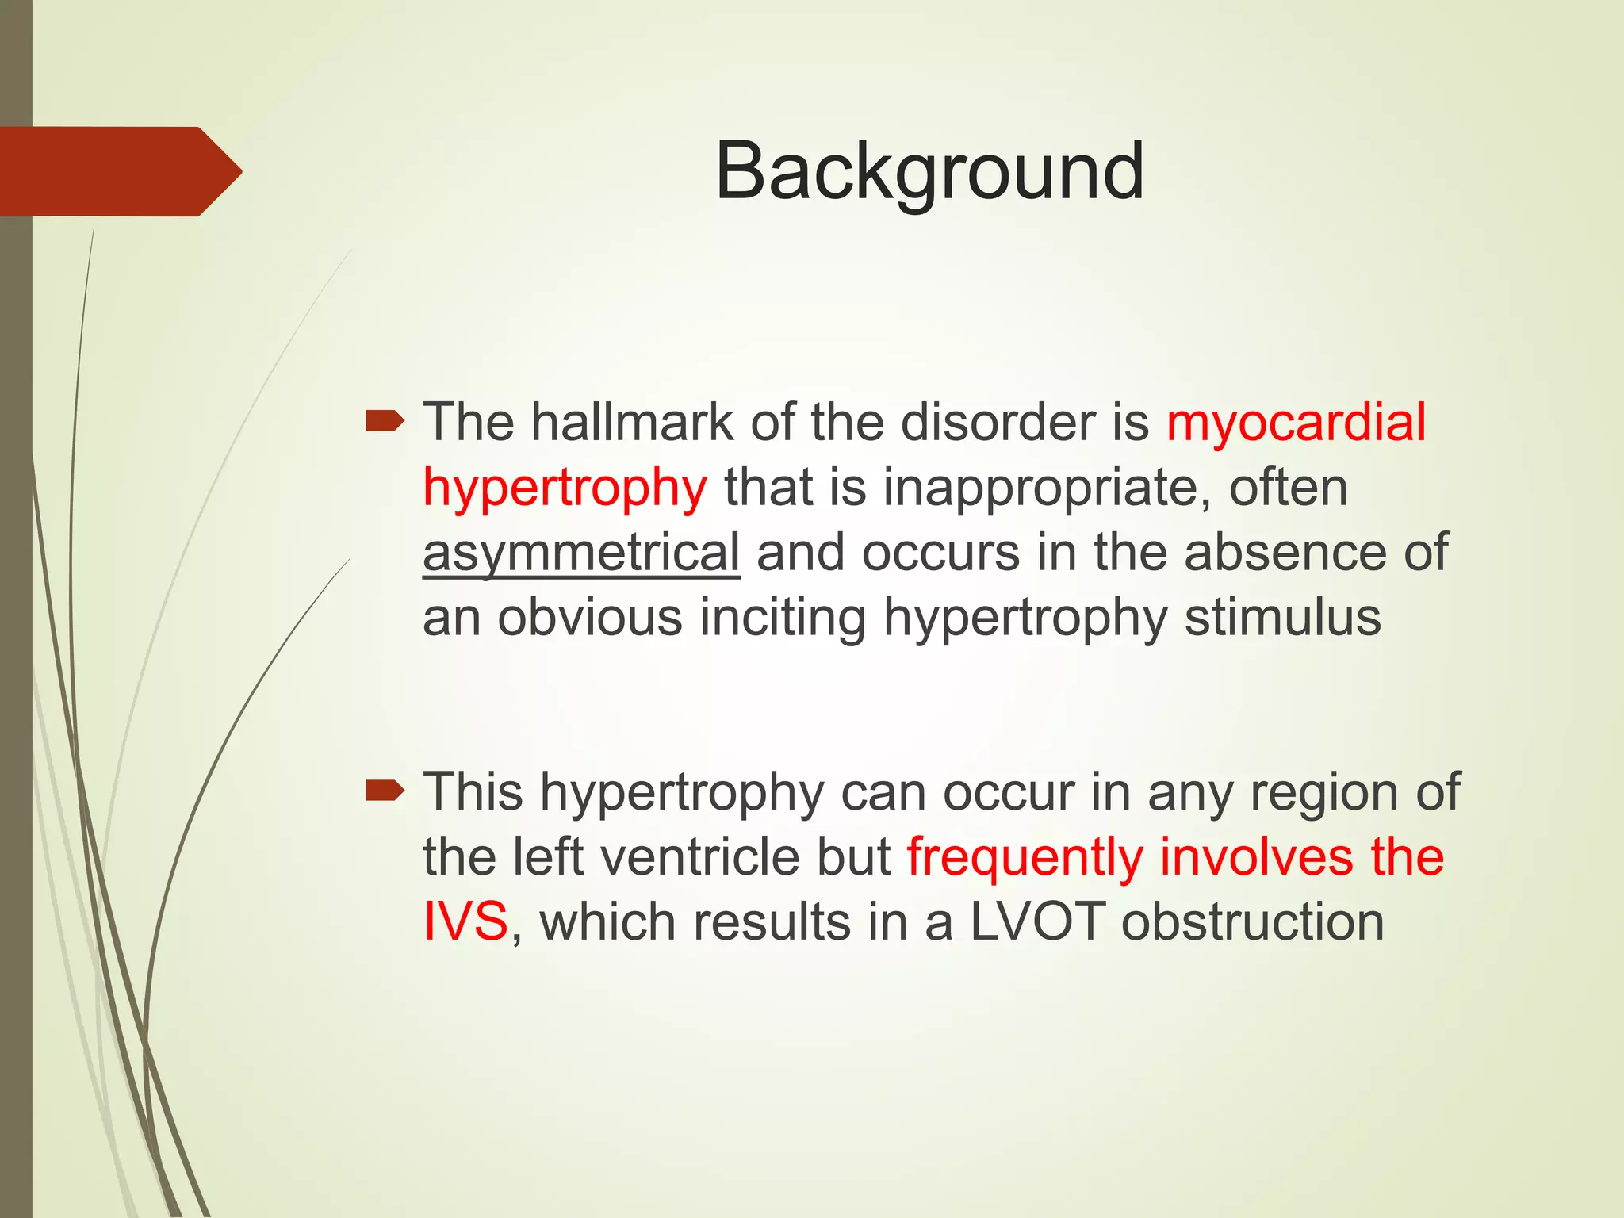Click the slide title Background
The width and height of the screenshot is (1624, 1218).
pyautogui.click(x=929, y=171)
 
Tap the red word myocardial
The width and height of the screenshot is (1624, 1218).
pyautogui.click(x=1296, y=422)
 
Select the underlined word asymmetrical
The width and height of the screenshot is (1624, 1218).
pyautogui.click(x=581, y=552)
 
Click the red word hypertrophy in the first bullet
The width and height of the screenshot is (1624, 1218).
pyautogui.click(x=564, y=487)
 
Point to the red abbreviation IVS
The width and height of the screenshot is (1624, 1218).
pyautogui.click(x=465, y=922)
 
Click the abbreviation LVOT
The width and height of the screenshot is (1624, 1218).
pyautogui.click(x=1036, y=922)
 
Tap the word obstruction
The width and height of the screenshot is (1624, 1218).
pyautogui.click(x=1252, y=922)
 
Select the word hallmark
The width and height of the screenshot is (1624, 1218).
pyautogui.click(x=632, y=422)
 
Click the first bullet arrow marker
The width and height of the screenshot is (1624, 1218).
pyautogui.click(x=385, y=421)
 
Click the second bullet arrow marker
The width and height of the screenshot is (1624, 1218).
pyautogui.click(x=385, y=791)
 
